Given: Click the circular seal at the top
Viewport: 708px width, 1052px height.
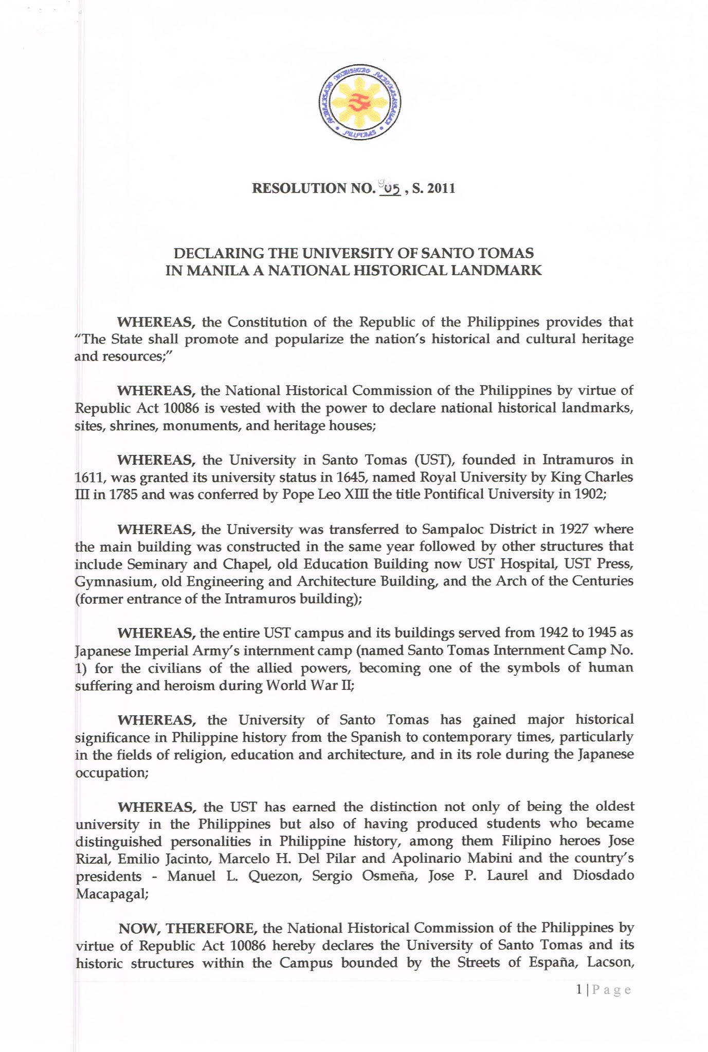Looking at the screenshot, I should pos(359,103).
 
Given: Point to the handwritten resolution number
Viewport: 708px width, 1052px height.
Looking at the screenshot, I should pos(389,189).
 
